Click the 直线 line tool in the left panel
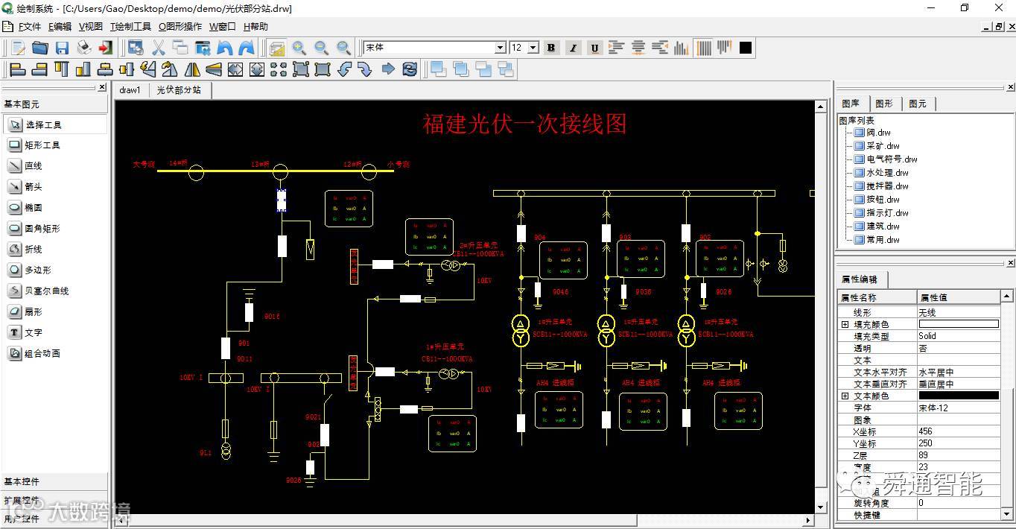click(34, 166)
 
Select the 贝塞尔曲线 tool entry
click(46, 291)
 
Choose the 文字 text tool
click(34, 333)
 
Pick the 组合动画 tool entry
click(42, 354)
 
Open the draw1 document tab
click(130, 90)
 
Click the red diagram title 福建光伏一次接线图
click(524, 124)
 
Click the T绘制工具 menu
click(130, 27)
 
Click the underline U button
click(594, 48)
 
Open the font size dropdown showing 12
click(533, 48)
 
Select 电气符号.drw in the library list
click(892, 159)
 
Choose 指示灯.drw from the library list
click(887, 213)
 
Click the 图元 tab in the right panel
click(918, 104)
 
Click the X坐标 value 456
click(926, 432)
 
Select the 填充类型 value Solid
click(927, 337)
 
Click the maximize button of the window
click(965, 8)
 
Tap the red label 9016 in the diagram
click(272, 317)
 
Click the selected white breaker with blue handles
click(282, 200)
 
